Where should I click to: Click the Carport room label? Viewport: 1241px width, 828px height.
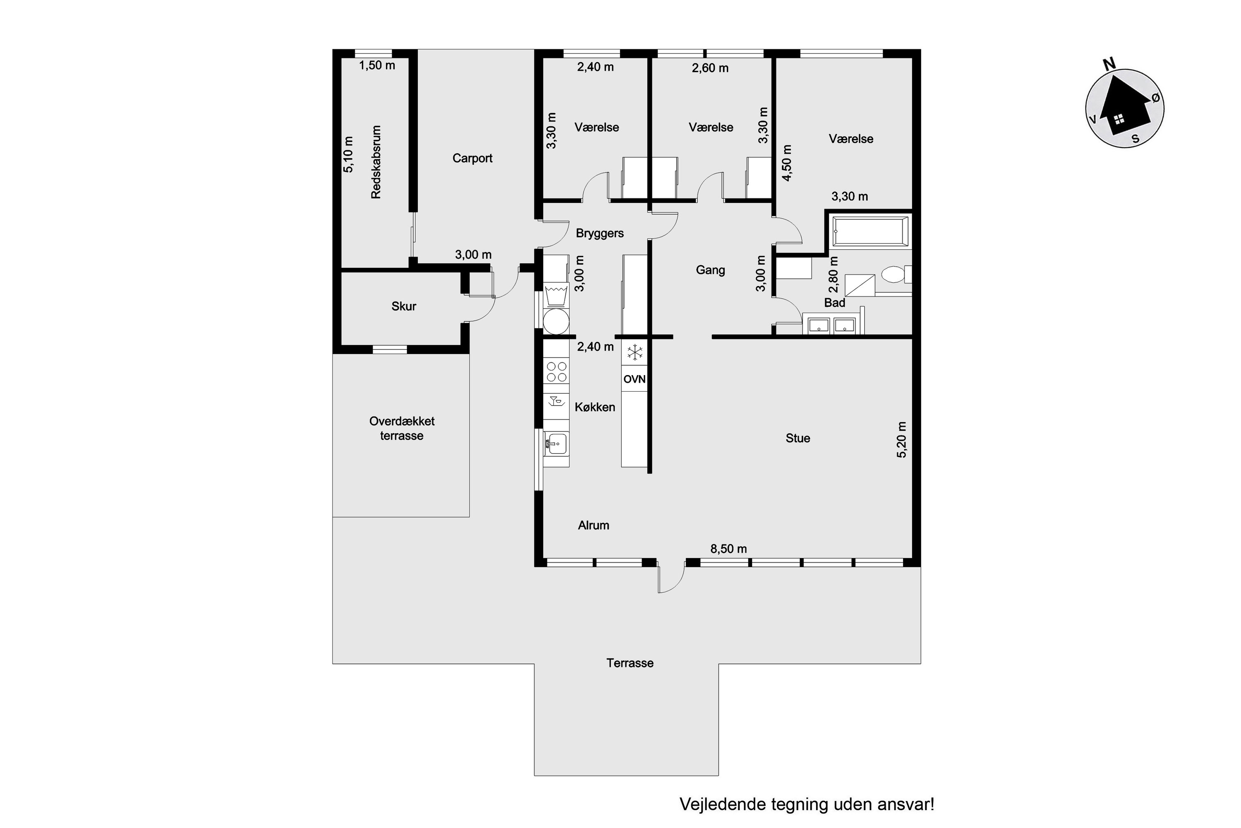pyautogui.click(x=472, y=159)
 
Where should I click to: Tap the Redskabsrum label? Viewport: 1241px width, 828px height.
pyautogui.click(x=376, y=162)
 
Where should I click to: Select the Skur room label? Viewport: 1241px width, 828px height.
pyautogui.click(x=404, y=306)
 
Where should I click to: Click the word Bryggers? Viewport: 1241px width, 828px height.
pyautogui.click(x=599, y=233)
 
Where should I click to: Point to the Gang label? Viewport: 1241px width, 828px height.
pyautogui.click(x=710, y=270)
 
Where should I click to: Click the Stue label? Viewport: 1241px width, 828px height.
pyautogui.click(x=798, y=438)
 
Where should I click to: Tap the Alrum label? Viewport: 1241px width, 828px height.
pyautogui.click(x=594, y=525)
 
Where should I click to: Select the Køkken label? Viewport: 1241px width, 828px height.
pyautogui.click(x=595, y=407)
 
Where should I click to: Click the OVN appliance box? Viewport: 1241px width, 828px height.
pyautogui.click(x=634, y=379)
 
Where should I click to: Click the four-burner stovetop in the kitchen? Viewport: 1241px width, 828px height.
pyautogui.click(x=557, y=371)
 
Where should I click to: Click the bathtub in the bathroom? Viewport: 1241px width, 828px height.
pyautogui.click(x=871, y=232)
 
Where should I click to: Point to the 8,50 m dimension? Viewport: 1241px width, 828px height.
pyautogui.click(x=728, y=549)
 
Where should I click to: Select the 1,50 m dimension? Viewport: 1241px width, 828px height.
pyautogui.click(x=377, y=65)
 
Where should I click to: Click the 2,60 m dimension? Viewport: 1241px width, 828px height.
pyautogui.click(x=710, y=68)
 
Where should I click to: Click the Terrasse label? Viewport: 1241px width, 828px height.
pyautogui.click(x=630, y=663)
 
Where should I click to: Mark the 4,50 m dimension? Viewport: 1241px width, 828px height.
pyautogui.click(x=787, y=163)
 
